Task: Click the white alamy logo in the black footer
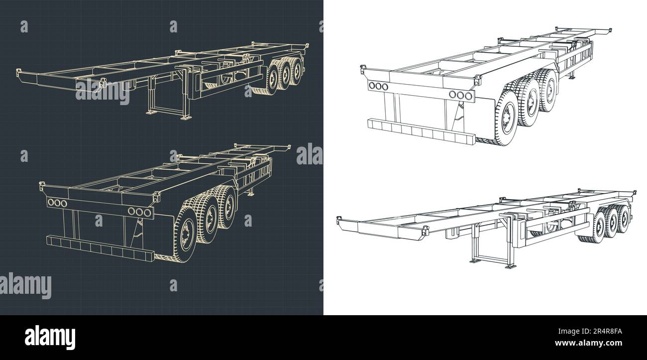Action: tap(50, 338)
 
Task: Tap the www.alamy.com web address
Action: tap(588, 343)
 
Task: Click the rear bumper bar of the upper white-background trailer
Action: tap(422, 131)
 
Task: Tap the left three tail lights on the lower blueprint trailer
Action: tap(57, 203)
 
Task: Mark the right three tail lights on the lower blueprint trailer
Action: tap(140, 212)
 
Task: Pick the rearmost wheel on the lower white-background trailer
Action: tap(624, 219)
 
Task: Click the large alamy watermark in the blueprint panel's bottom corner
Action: tap(26, 286)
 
